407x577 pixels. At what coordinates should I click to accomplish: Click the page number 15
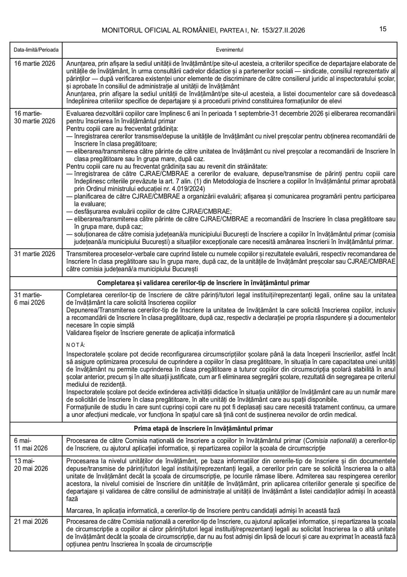coord(383,29)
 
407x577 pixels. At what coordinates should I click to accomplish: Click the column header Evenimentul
coord(230,50)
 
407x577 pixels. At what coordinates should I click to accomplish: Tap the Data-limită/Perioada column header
coord(36,50)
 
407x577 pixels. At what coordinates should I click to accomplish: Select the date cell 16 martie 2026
coord(35,63)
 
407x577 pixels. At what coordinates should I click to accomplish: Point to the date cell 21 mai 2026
coord(31,522)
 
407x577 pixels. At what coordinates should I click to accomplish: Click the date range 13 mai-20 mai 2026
coord(31,465)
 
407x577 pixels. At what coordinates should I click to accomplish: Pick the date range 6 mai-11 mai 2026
coord(31,444)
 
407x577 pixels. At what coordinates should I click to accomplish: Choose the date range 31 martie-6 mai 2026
coord(29,299)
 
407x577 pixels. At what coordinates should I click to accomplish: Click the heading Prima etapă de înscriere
coord(203,428)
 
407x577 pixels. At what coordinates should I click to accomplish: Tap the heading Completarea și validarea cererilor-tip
coord(203,283)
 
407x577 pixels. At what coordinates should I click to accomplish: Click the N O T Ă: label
coord(76,345)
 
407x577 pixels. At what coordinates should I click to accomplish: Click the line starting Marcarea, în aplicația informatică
coord(203,511)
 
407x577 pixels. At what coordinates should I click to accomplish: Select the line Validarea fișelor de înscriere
coord(150,333)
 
